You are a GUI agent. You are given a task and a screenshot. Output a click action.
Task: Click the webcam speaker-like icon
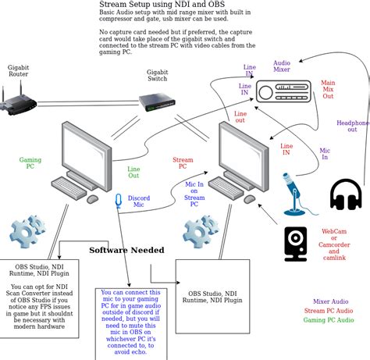point(296,243)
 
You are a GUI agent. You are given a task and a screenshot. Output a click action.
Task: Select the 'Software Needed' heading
point(126,250)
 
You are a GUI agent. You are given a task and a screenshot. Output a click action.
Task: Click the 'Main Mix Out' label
point(328,90)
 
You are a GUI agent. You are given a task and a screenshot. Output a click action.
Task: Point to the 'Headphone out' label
point(352,127)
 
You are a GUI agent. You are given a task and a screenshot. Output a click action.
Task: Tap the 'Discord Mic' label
point(117,201)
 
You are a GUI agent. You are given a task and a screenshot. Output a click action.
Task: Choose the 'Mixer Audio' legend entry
point(331,301)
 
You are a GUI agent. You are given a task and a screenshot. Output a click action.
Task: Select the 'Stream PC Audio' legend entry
point(329,310)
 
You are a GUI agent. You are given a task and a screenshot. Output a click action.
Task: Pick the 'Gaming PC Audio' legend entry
point(329,320)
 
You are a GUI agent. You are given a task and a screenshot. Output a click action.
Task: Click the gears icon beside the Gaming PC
point(27,234)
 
